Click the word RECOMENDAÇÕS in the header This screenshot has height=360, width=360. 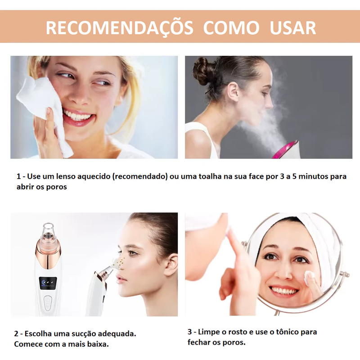(119, 28)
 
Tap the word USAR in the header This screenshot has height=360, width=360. (293, 28)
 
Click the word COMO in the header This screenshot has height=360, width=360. (231, 28)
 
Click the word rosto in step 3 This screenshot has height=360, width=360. (230, 332)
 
